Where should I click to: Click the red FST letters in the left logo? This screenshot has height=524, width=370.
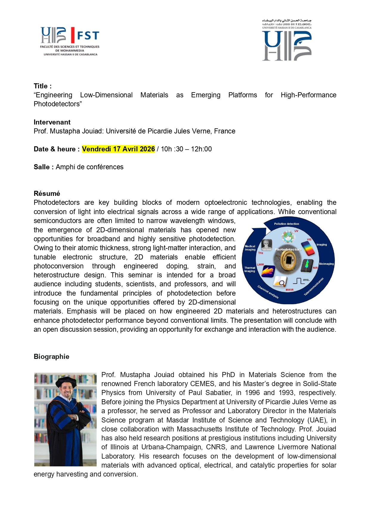click(x=88, y=36)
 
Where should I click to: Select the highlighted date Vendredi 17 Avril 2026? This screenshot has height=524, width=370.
click(x=118, y=149)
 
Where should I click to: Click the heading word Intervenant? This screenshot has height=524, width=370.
click(x=52, y=122)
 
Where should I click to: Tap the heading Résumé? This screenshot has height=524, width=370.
click(x=47, y=193)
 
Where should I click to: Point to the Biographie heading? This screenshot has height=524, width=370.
click(x=51, y=356)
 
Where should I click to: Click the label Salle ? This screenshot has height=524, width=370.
click(x=44, y=167)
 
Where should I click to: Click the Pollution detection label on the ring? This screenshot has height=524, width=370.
click(x=287, y=224)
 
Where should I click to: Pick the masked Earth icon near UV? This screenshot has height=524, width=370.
click(x=288, y=237)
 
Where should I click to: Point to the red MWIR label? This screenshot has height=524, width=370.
click(x=290, y=290)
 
